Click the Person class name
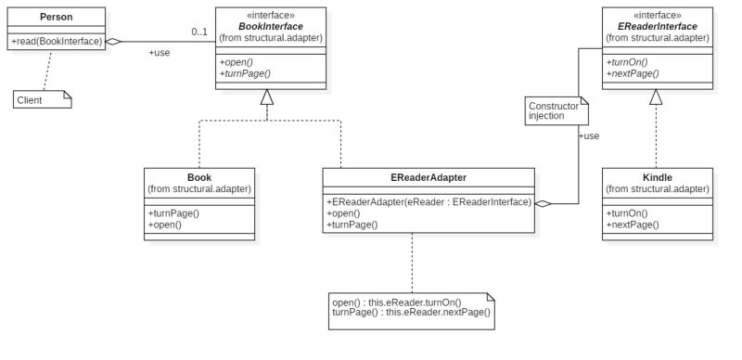tap(56, 17)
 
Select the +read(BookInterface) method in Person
tap(56, 41)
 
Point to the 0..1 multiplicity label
tap(199, 32)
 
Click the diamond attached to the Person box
tap(113, 42)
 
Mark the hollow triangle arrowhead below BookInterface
tap(267, 96)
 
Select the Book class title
tap(198, 176)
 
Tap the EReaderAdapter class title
tap(428, 177)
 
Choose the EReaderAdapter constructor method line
tap(428, 201)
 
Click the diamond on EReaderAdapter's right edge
tap(544, 203)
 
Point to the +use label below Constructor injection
tap(588, 136)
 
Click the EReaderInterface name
tap(657, 27)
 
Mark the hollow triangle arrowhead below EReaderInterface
tap(657, 96)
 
